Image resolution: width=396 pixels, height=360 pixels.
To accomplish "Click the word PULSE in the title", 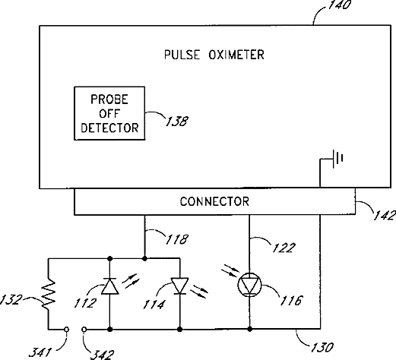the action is point(182,55).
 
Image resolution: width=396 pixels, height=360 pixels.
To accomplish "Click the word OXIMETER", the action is point(236,55).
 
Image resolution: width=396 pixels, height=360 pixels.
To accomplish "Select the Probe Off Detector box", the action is point(109,113).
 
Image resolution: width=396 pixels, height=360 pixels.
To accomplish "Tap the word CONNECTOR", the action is point(214,201).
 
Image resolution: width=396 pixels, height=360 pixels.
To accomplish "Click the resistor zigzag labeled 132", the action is point(49,294).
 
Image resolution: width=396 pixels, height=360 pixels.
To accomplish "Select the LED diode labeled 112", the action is point(109,286).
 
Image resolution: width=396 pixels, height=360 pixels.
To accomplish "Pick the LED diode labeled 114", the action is point(179,286).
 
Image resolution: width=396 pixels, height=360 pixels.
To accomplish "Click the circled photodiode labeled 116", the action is point(249,285).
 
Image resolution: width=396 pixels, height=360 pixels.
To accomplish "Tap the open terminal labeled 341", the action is point(66,330).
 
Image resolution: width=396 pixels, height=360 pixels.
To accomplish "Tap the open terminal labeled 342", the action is point(84,330).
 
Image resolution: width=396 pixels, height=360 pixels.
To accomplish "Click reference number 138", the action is point(177,121).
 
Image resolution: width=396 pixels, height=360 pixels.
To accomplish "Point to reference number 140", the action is point(340,5).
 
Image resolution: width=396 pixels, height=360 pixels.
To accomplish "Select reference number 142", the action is point(385,215).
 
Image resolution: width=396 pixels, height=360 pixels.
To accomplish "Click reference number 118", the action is point(177,239).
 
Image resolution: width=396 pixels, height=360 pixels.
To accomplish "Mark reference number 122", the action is point(284,248).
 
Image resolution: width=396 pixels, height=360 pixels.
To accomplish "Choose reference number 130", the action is point(322,347).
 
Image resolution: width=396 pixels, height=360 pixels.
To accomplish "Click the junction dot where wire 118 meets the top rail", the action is point(144,258).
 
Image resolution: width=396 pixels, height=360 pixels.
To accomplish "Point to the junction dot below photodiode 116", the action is point(249,329).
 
